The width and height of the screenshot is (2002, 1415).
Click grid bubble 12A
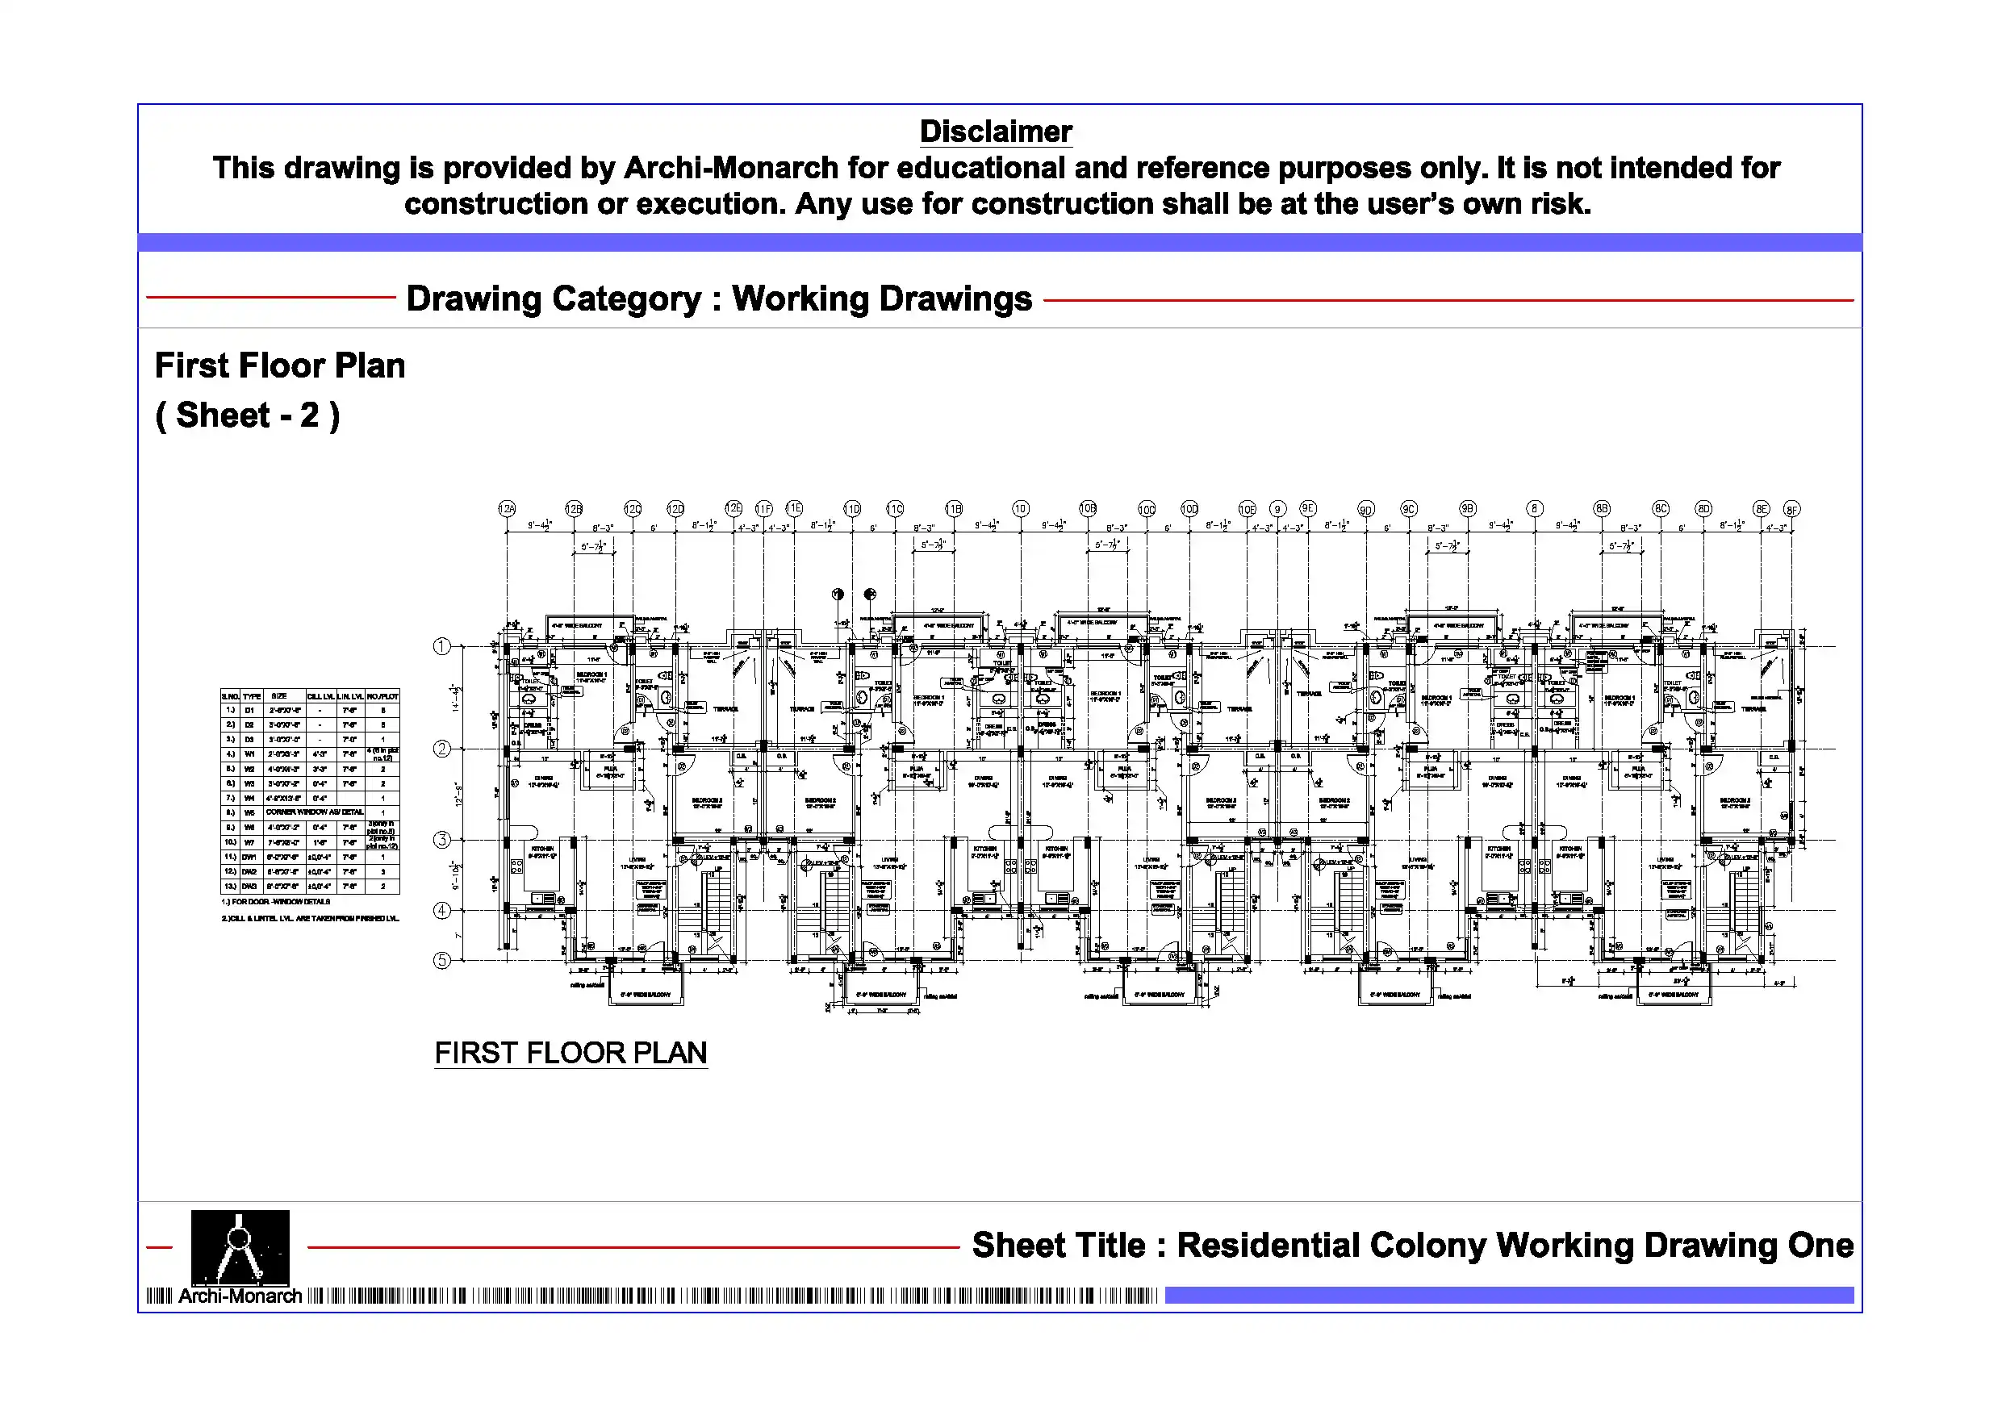507,508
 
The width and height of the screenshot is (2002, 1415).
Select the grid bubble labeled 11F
763,508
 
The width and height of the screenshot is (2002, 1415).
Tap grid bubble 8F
1791,509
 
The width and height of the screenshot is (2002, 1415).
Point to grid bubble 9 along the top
1277,509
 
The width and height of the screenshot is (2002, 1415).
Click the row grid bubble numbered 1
442,646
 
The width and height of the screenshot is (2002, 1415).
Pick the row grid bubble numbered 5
442,960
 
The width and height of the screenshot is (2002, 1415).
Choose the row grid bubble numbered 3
442,840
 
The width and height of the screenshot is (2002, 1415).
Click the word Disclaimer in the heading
996,131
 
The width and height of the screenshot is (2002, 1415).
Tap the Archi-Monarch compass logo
240,1246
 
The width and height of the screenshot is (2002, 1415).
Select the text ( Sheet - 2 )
248,415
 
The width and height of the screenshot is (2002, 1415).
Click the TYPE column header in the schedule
252,696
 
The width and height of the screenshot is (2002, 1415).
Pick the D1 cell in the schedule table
250,711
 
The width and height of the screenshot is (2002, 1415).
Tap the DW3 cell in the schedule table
250,886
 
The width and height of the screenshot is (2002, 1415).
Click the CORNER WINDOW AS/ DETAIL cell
315,812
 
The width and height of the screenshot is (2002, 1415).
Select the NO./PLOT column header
382,696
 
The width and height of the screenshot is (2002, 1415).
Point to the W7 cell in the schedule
250,843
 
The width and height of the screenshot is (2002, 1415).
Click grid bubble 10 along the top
1020,508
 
